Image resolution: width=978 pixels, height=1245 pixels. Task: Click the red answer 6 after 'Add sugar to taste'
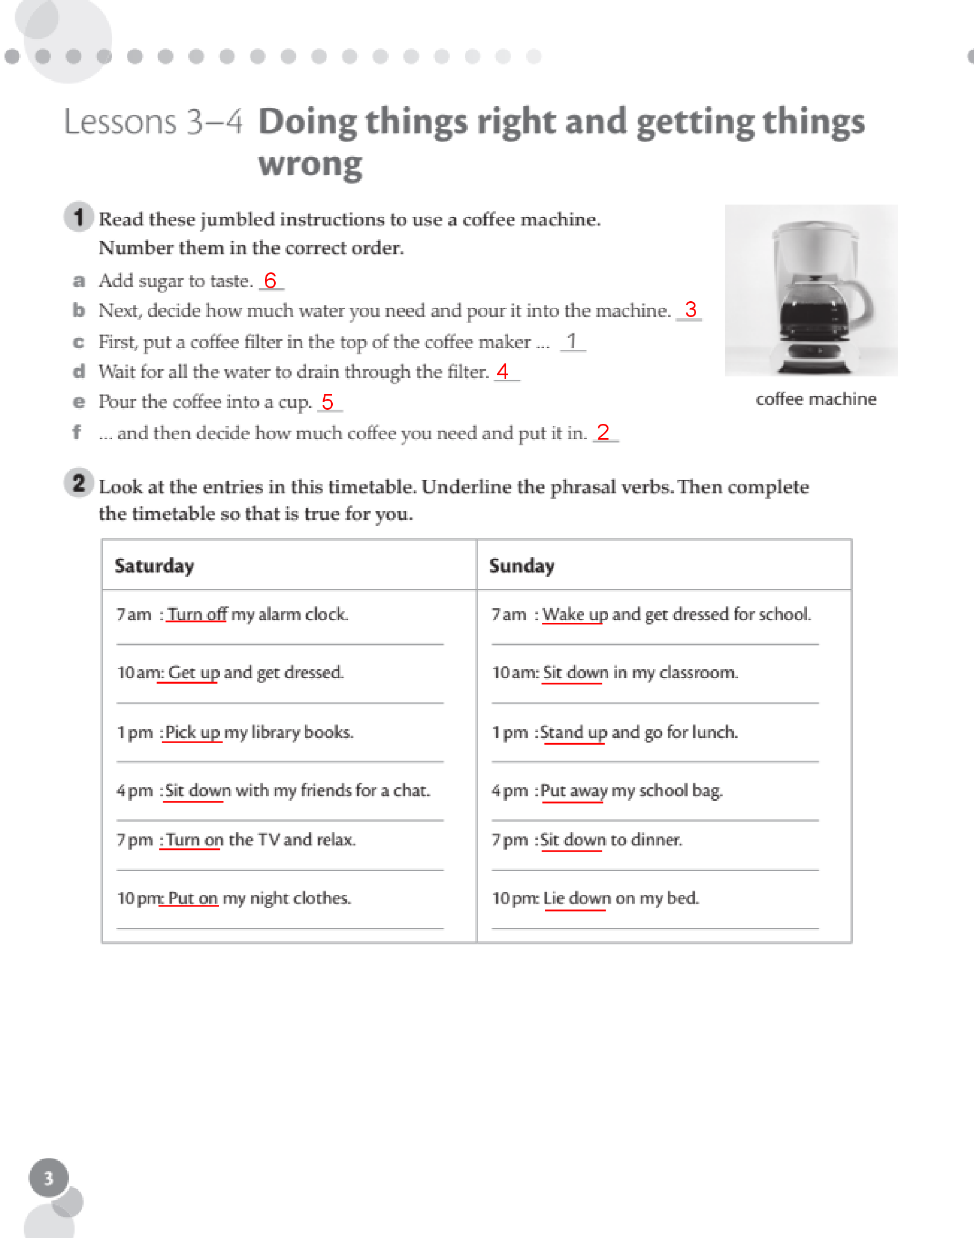coord(271,281)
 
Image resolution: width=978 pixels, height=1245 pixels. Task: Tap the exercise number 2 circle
coord(79,484)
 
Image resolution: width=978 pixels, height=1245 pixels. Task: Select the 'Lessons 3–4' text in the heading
coord(154,123)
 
